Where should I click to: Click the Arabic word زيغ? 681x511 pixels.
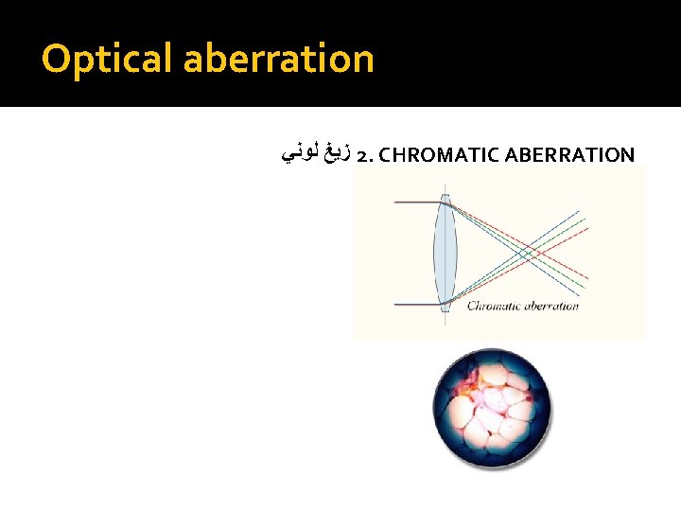[x=337, y=152]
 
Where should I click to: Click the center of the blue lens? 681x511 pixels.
[x=445, y=254]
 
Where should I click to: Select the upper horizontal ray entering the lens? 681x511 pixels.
[x=414, y=203]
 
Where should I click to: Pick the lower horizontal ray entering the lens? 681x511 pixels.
[x=414, y=304]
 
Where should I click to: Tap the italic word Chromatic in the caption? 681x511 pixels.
[x=497, y=306]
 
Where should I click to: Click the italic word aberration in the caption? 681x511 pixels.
[x=552, y=306]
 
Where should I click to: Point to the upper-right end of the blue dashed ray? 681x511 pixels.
[x=579, y=212]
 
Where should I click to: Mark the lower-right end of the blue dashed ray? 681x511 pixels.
[x=579, y=295]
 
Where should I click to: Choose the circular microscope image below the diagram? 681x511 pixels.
[x=492, y=407]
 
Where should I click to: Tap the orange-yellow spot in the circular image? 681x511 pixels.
[x=470, y=380]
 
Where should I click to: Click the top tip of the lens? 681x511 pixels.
[x=445, y=195]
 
